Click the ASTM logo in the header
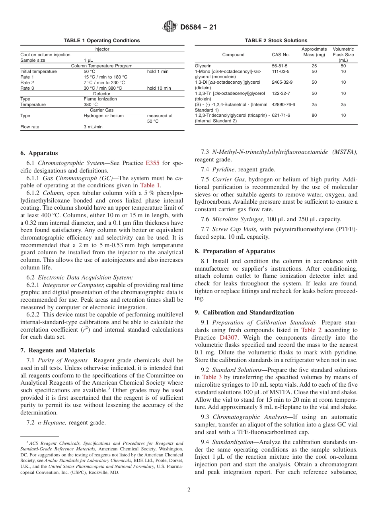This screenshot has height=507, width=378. point(170,27)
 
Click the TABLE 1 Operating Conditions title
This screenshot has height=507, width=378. point(102,41)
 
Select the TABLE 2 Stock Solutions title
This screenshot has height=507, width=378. point(276,41)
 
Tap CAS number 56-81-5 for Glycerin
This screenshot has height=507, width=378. point(280,66)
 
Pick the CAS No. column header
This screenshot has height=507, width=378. point(281,55)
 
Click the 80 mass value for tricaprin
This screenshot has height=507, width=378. point(314,116)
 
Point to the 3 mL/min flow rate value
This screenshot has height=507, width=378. point(93,127)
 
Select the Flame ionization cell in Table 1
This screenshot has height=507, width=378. point(100,99)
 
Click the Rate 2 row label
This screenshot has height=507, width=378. point(27,83)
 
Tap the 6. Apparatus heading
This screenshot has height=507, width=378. point(39,153)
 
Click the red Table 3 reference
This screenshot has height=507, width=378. point(209,377)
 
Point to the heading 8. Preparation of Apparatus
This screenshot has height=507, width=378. point(235,251)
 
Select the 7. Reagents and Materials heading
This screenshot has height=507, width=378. point(57,350)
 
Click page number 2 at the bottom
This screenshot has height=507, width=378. point(189,490)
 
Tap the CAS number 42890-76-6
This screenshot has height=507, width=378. point(283,104)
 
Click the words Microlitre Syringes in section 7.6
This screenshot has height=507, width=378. point(238,219)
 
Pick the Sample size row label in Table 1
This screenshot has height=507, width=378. point(33,61)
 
